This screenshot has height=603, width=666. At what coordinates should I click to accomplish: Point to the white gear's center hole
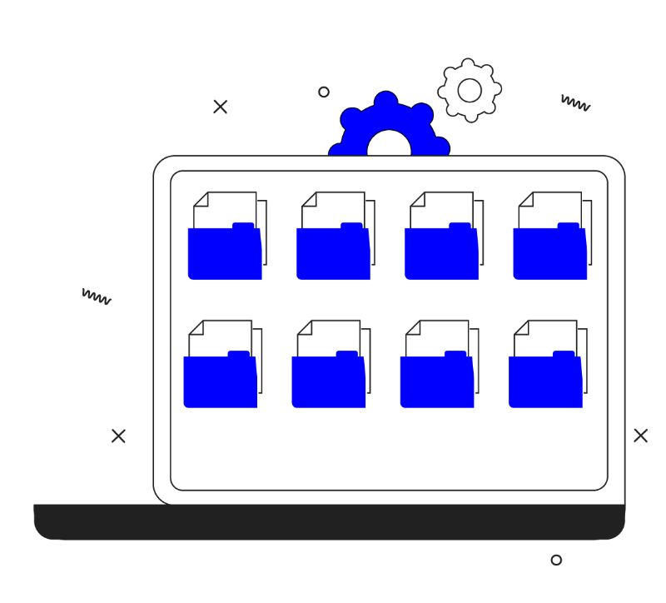[x=470, y=91]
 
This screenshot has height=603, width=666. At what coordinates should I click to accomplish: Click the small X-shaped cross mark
[x=221, y=107]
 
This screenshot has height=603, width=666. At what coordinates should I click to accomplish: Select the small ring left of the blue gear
[x=324, y=92]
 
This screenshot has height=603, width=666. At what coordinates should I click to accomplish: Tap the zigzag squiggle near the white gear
[x=575, y=102]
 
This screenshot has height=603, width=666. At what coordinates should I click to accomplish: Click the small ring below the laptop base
[x=556, y=561]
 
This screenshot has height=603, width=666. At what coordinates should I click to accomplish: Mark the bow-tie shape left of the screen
[x=118, y=435]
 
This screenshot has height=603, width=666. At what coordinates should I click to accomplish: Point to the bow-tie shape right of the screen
[x=640, y=435]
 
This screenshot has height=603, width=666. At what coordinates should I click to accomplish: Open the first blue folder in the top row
[x=225, y=254]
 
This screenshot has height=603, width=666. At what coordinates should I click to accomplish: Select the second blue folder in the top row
[x=333, y=254]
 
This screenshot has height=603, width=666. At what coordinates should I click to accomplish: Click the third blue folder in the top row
[x=441, y=254]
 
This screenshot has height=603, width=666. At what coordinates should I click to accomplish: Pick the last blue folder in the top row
[x=549, y=254]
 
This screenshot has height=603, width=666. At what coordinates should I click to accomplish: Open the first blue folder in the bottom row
[x=221, y=382]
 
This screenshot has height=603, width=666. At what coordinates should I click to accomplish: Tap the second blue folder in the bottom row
[x=329, y=382]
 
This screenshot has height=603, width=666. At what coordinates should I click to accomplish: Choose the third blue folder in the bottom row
[x=437, y=382]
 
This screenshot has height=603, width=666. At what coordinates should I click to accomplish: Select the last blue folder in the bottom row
[x=545, y=382]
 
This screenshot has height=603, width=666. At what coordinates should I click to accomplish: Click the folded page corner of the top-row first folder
[x=200, y=199]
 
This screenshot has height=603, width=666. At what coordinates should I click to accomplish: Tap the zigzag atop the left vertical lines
[x=96, y=295]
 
